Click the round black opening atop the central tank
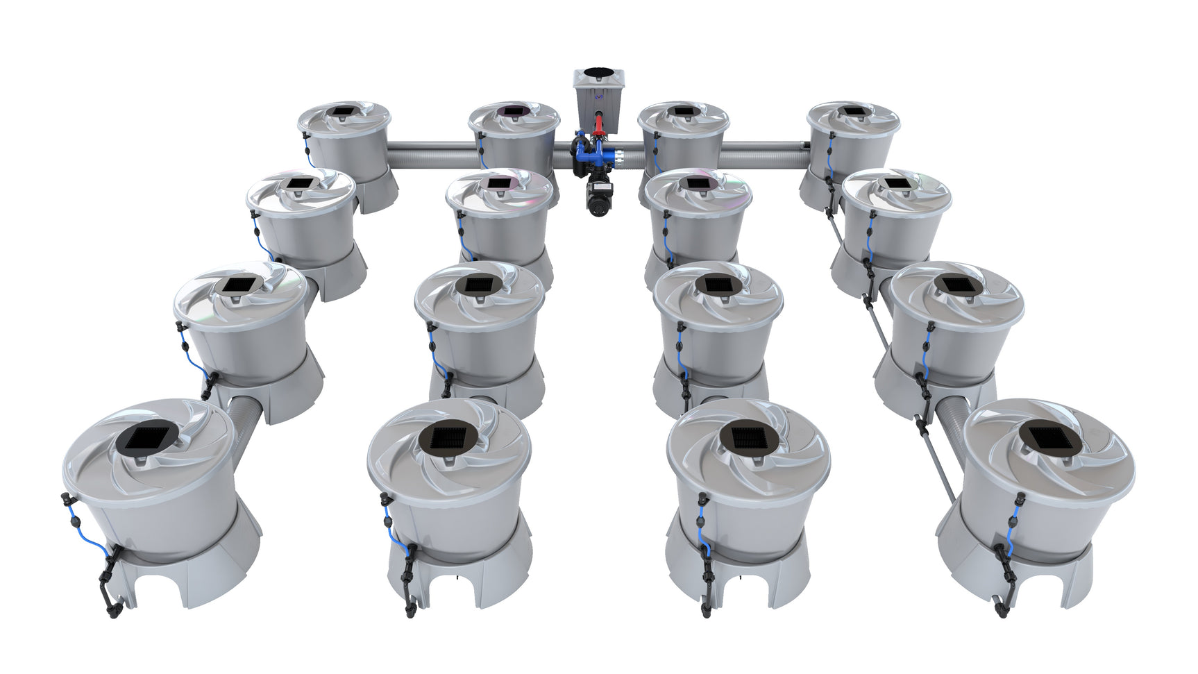coord(598,74)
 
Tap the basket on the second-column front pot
coord(448,437)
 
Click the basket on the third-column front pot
coord(748,438)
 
